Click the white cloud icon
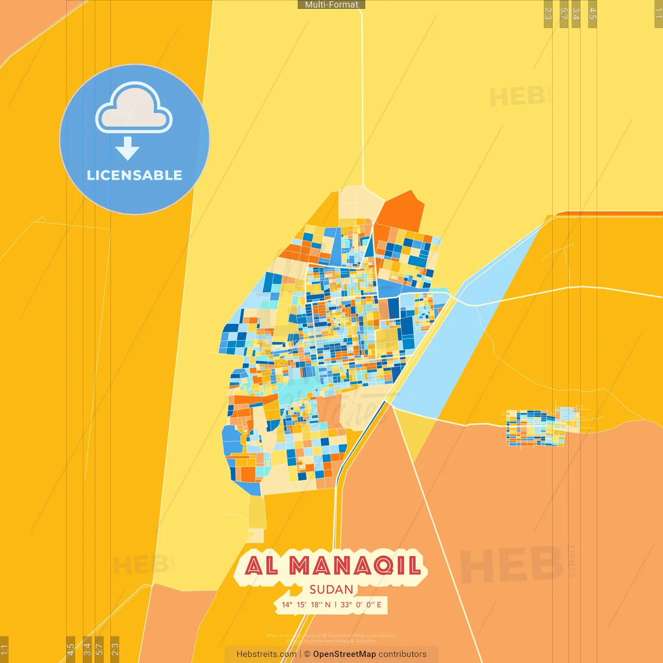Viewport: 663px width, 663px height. coord(134,109)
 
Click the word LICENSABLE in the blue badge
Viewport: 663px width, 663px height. coord(134,175)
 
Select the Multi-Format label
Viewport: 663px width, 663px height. coord(331,5)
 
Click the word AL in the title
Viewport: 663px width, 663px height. coord(261,566)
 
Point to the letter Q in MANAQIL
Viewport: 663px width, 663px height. coord(383,566)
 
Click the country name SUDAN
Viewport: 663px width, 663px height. coord(331,589)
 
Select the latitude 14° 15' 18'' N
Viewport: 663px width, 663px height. coord(306,604)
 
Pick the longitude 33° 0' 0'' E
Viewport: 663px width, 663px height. coord(361,604)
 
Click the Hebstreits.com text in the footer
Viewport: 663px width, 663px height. coord(266,654)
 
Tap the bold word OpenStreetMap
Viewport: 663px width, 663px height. coord(344,654)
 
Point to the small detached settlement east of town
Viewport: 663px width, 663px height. coord(539,427)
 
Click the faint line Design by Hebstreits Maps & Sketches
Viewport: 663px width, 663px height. coord(331,641)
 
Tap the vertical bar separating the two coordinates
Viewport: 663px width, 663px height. coord(336,604)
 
